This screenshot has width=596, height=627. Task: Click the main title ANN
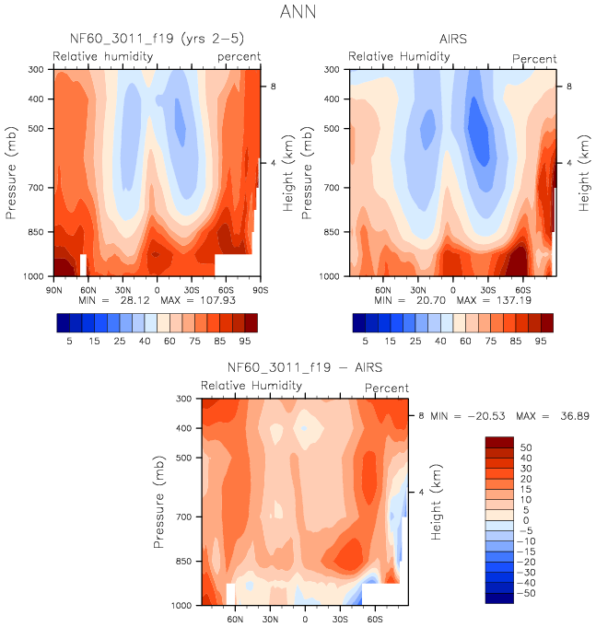pyautogui.click(x=298, y=14)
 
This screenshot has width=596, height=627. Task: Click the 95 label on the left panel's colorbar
pyautogui.click(x=251, y=342)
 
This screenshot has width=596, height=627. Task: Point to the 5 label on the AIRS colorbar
pyautogui.click(x=364, y=342)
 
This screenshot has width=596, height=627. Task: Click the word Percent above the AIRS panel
pyautogui.click(x=534, y=59)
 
